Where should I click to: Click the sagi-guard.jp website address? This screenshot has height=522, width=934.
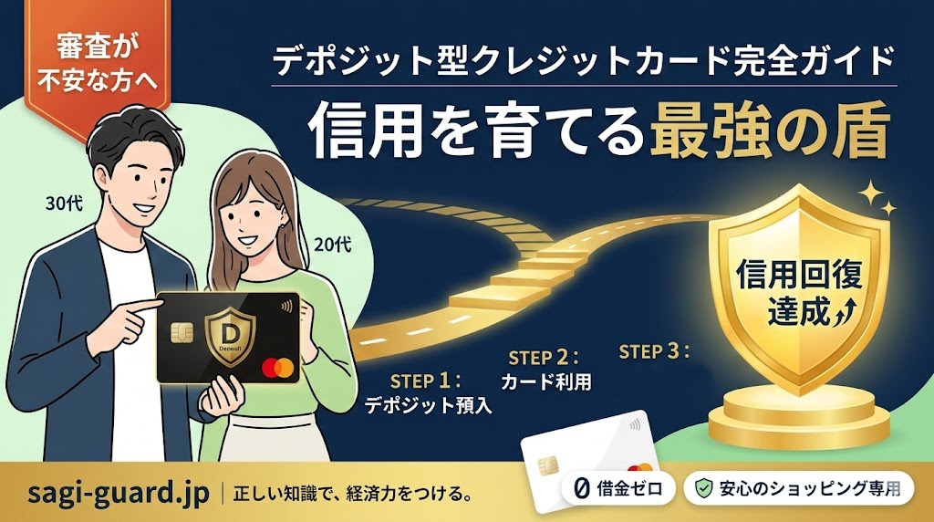click(119, 494)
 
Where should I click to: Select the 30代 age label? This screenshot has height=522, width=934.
click(64, 204)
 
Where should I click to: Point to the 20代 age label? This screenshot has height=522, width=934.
click(332, 245)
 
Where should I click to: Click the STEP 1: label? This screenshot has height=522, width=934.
click(426, 381)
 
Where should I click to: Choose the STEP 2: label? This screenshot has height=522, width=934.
click(544, 358)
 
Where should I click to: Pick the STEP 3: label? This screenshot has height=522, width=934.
click(654, 351)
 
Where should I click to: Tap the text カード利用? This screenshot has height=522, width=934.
click(546, 382)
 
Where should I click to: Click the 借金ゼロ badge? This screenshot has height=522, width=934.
click(618, 488)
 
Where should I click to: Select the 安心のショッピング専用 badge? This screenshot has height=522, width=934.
click(799, 488)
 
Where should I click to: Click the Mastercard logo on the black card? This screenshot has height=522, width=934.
click(277, 367)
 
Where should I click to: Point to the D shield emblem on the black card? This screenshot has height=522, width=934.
click(230, 338)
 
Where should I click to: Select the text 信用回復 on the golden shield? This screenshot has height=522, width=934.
click(799, 276)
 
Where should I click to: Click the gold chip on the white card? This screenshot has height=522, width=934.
click(548, 466)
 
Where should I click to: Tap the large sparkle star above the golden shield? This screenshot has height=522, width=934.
click(870, 193)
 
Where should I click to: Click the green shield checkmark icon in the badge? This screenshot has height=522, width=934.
click(704, 488)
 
